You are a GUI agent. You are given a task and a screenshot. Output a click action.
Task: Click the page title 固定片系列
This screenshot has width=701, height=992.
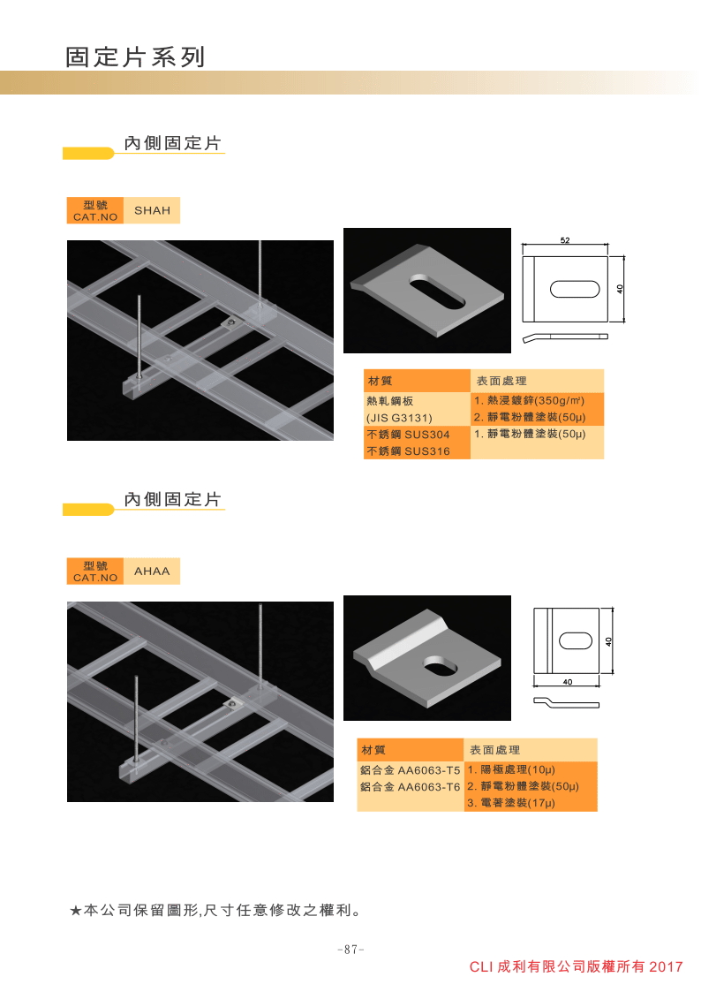tap(135, 57)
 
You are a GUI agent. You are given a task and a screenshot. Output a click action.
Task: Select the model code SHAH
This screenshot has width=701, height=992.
tap(152, 210)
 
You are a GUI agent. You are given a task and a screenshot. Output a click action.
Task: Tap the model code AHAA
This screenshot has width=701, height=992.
tap(152, 572)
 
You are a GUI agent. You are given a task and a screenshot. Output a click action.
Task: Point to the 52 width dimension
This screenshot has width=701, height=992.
tap(564, 240)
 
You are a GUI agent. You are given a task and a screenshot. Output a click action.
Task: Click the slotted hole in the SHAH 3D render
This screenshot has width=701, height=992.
tap(437, 292)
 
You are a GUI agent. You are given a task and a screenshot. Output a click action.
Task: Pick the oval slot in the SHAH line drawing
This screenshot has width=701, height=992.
tap(574, 289)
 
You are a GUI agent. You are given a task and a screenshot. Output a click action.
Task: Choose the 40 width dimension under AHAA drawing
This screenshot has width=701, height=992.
tap(567, 682)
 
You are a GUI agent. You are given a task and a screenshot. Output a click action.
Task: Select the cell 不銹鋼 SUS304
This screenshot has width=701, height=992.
tap(409, 435)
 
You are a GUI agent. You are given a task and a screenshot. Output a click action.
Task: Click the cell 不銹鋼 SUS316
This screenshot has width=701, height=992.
tap(409, 451)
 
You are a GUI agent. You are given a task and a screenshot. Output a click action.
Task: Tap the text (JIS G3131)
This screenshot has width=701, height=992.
tap(399, 418)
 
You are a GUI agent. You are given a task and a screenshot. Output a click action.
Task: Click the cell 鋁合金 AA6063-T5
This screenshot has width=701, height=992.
tap(411, 770)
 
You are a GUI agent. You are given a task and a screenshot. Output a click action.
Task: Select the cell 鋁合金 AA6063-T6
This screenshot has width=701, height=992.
tap(411, 786)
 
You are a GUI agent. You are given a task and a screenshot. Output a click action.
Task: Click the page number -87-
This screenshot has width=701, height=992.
tap(350, 949)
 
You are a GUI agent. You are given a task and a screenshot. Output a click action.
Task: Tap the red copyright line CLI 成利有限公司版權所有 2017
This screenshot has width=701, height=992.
tap(576, 966)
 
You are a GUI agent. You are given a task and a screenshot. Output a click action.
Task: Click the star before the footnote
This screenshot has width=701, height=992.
tap(75, 911)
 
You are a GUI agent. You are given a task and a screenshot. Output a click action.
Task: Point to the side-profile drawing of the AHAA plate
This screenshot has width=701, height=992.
tap(567, 702)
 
